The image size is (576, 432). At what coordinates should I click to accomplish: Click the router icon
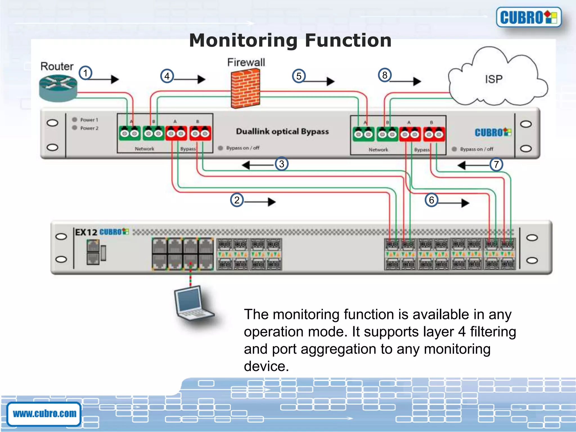pyautogui.click(x=58, y=88)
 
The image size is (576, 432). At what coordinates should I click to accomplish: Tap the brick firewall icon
pyautogui.click(x=245, y=89)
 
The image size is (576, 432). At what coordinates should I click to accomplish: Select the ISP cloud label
pyautogui.click(x=494, y=79)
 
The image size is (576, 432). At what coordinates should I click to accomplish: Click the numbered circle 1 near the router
pyautogui.click(x=85, y=73)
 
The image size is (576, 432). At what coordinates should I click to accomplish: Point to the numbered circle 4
pyautogui.click(x=167, y=76)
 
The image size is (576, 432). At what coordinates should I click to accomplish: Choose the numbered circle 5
pyautogui.click(x=299, y=76)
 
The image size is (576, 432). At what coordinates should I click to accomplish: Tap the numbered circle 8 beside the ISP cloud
pyautogui.click(x=384, y=75)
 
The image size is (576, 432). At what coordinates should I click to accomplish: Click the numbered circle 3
pyautogui.click(x=282, y=164)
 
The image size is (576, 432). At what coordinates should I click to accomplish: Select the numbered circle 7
pyautogui.click(x=496, y=165)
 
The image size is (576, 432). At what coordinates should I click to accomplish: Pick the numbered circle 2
pyautogui.click(x=237, y=200)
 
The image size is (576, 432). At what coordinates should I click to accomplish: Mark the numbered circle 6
pyautogui.click(x=431, y=200)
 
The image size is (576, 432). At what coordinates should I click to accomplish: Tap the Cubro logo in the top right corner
pyautogui.click(x=528, y=17)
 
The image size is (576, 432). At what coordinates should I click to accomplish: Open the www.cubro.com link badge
pyautogui.click(x=44, y=414)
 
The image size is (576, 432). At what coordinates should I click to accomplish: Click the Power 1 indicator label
pyautogui.click(x=89, y=120)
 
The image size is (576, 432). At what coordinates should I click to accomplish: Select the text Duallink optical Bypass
pyautogui.click(x=282, y=132)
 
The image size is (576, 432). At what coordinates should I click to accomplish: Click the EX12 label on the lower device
pyautogui.click(x=86, y=232)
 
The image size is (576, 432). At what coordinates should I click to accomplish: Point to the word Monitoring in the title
pyautogui.click(x=243, y=40)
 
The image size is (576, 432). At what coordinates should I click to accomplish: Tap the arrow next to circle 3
pyautogui.click(x=257, y=165)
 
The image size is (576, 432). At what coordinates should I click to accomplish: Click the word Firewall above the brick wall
pyautogui.click(x=246, y=62)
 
